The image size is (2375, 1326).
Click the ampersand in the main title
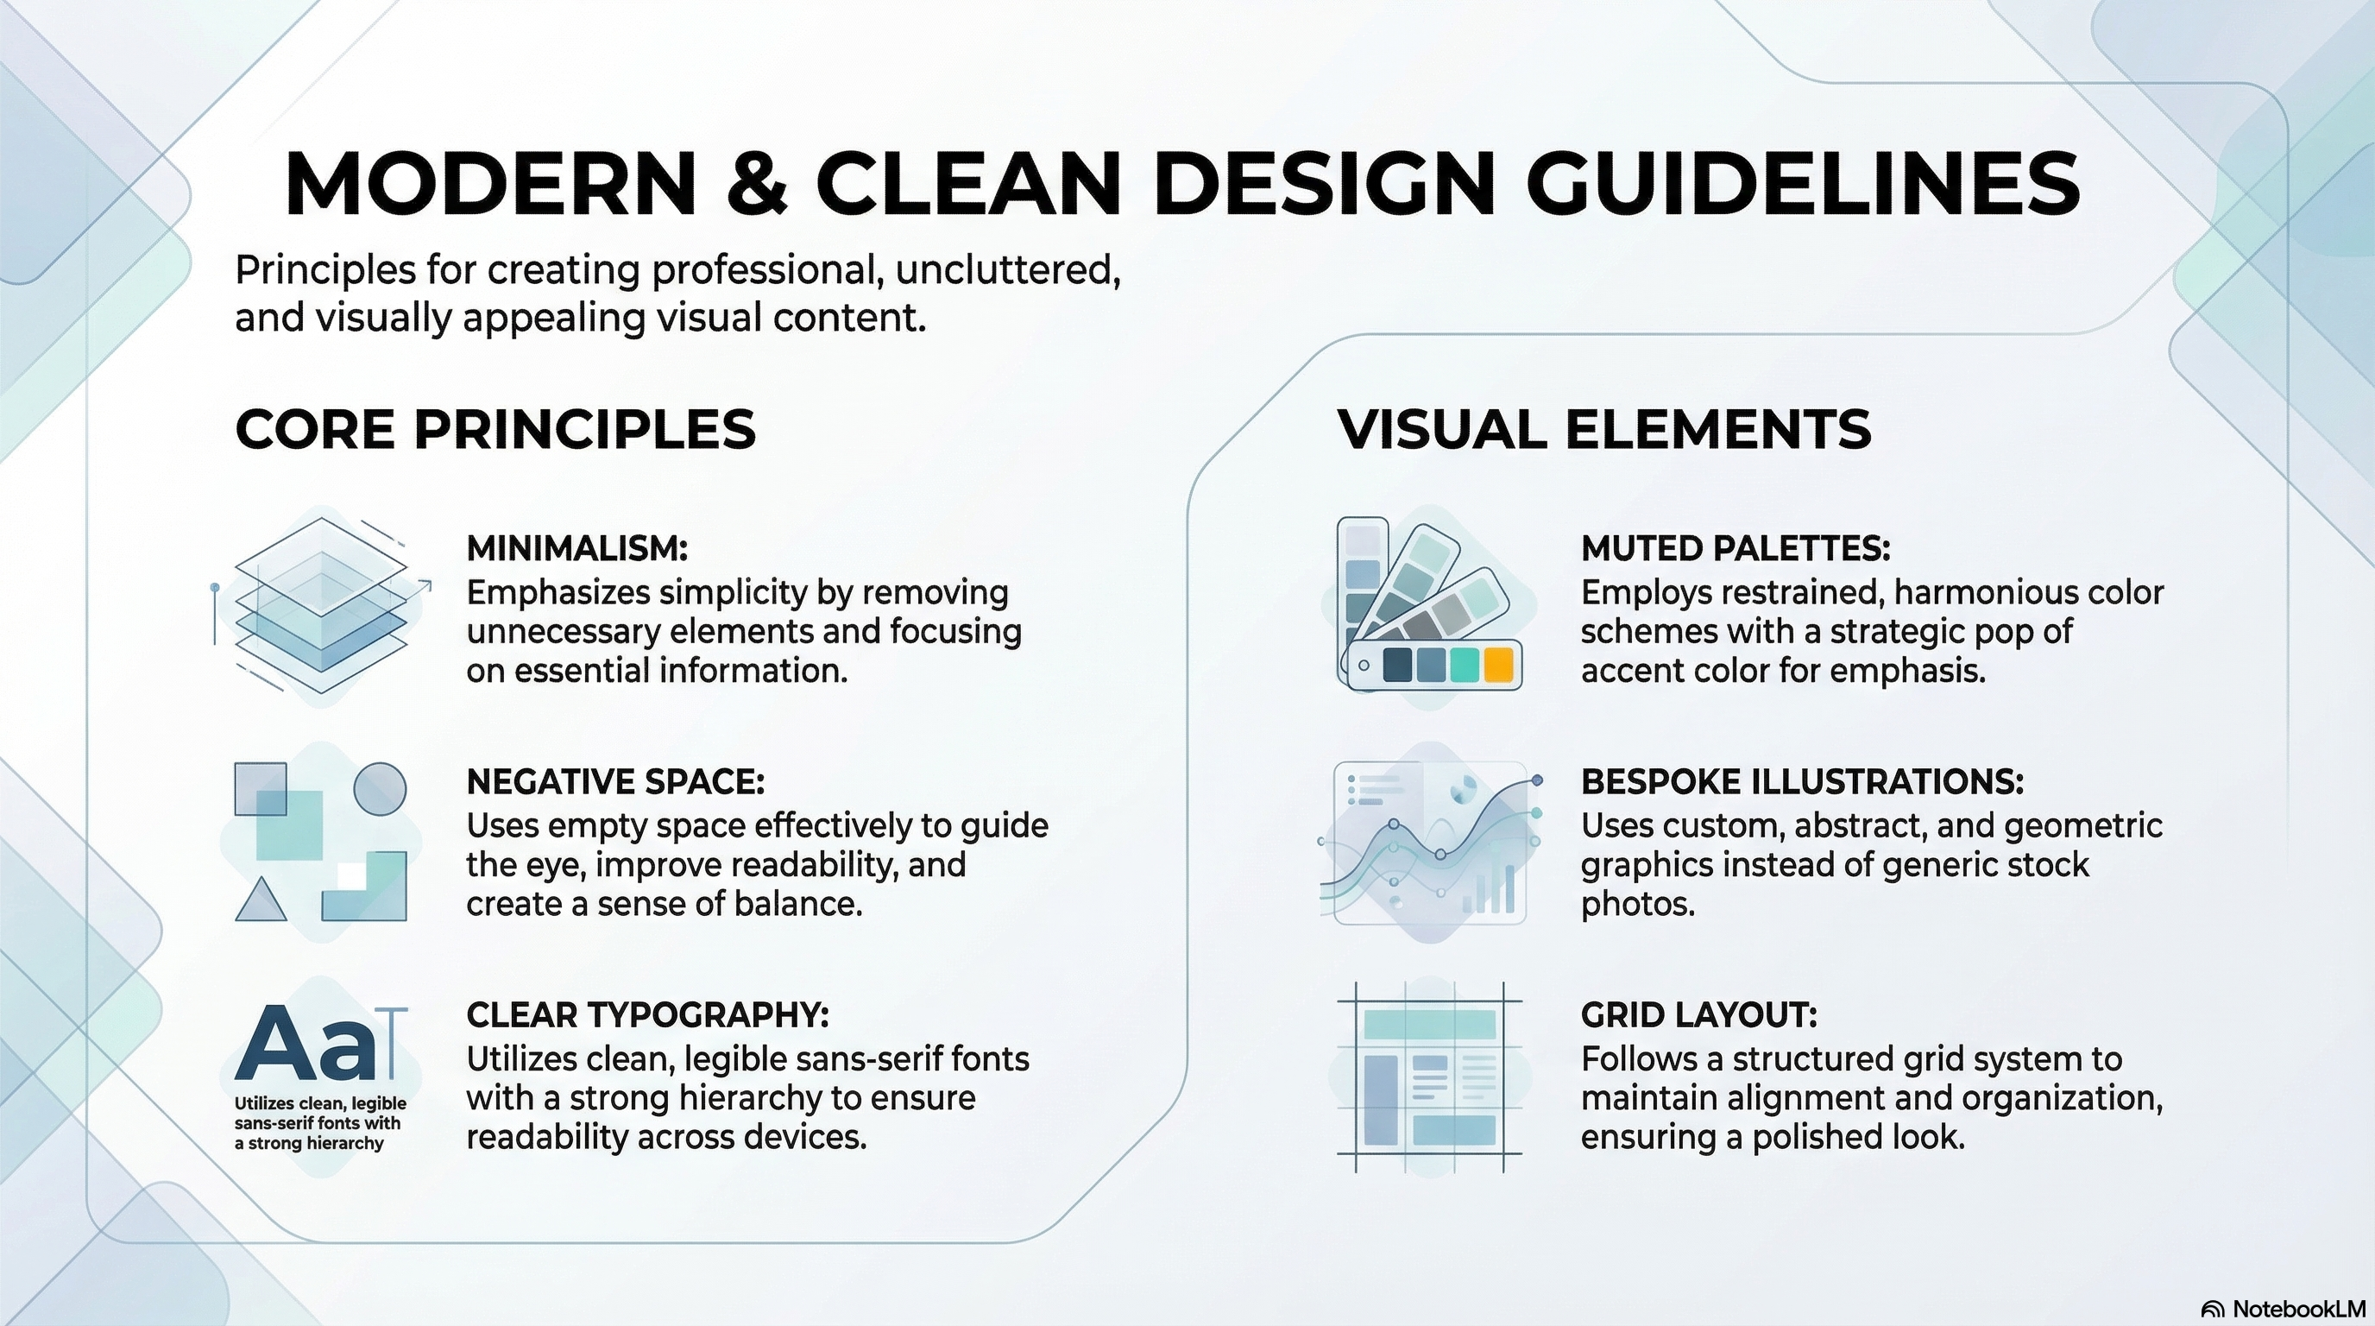click(x=757, y=181)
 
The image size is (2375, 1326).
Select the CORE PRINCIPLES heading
click(x=495, y=429)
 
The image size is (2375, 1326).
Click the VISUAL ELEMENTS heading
click(x=1604, y=429)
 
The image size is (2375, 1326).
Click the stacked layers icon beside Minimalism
click(x=321, y=605)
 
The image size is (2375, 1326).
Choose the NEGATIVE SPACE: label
click(x=615, y=781)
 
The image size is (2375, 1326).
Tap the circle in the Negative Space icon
click(x=380, y=788)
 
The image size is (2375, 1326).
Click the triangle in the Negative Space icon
click(x=261, y=899)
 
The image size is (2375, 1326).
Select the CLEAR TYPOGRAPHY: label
click(x=647, y=1014)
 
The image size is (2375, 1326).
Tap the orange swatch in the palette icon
click(x=1498, y=664)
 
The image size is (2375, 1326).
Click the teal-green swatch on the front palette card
click(x=1464, y=664)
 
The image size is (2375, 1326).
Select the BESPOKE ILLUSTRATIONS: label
click(x=1803, y=781)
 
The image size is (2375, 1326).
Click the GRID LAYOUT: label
click(x=1699, y=1014)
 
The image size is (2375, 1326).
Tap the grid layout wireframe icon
click(x=1429, y=1077)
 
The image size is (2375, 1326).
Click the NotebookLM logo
click(x=2283, y=1309)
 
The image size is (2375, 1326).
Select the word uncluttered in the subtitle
click(x=1007, y=269)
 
